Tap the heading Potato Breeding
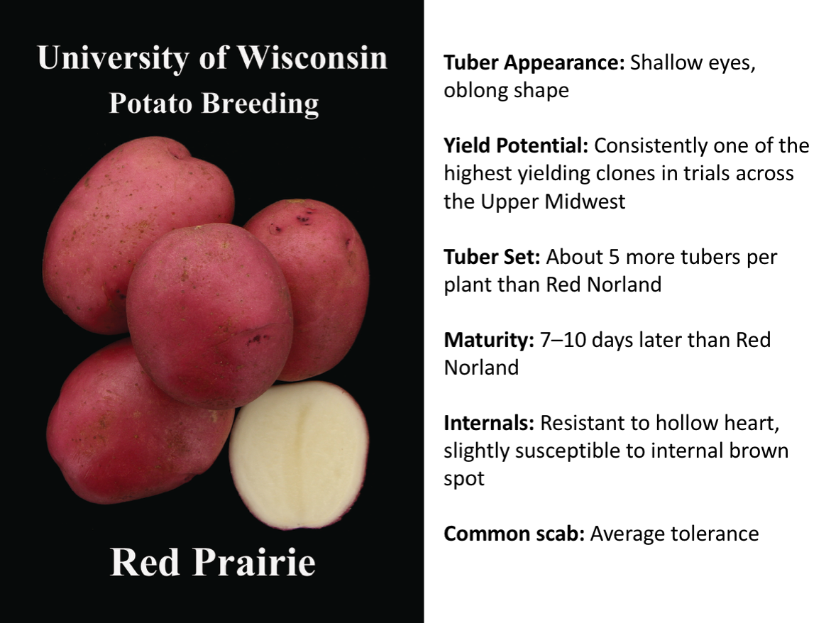pos(214,104)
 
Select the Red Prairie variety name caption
pos(213,563)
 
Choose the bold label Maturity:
pos(488,340)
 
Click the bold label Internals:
pos(489,424)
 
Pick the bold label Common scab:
pos(514,534)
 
